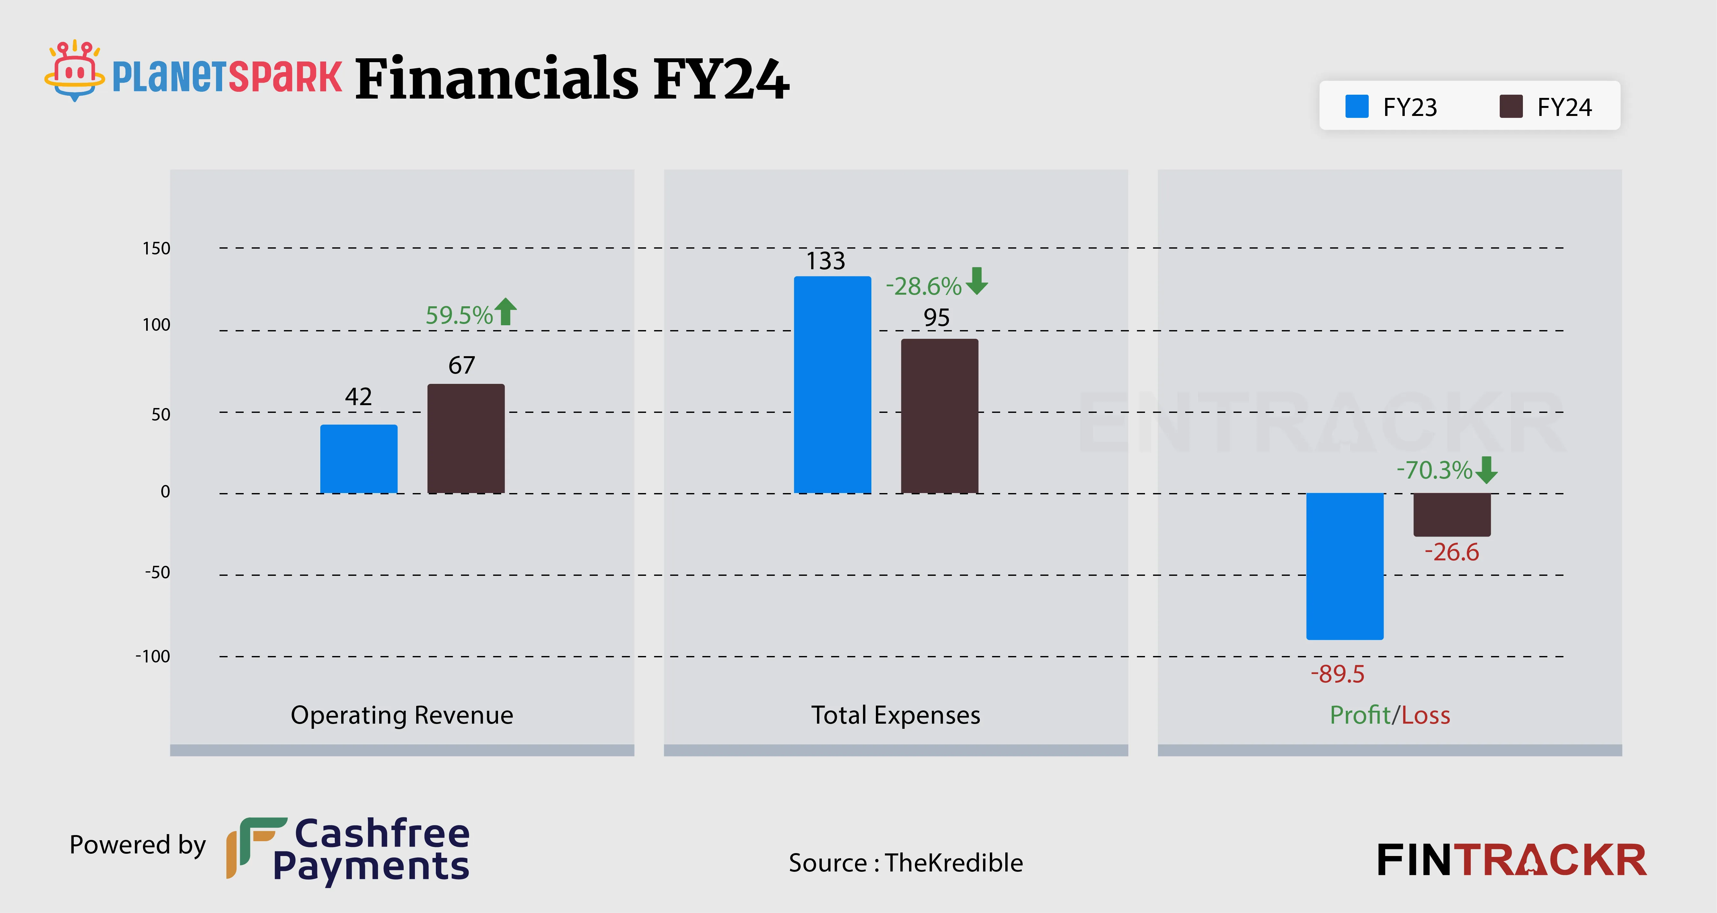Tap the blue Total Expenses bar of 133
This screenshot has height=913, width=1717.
(832, 385)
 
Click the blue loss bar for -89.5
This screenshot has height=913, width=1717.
(1345, 566)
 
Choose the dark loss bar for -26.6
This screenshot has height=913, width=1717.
(1452, 514)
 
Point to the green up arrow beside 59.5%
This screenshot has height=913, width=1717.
(506, 311)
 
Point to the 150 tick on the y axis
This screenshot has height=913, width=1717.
(157, 249)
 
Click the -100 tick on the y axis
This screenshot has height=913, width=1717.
(153, 656)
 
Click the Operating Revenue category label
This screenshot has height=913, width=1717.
(402, 715)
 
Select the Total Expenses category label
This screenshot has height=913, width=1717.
(895, 715)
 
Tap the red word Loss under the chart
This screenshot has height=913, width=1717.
(1426, 715)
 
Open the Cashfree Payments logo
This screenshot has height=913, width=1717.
(348, 850)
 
